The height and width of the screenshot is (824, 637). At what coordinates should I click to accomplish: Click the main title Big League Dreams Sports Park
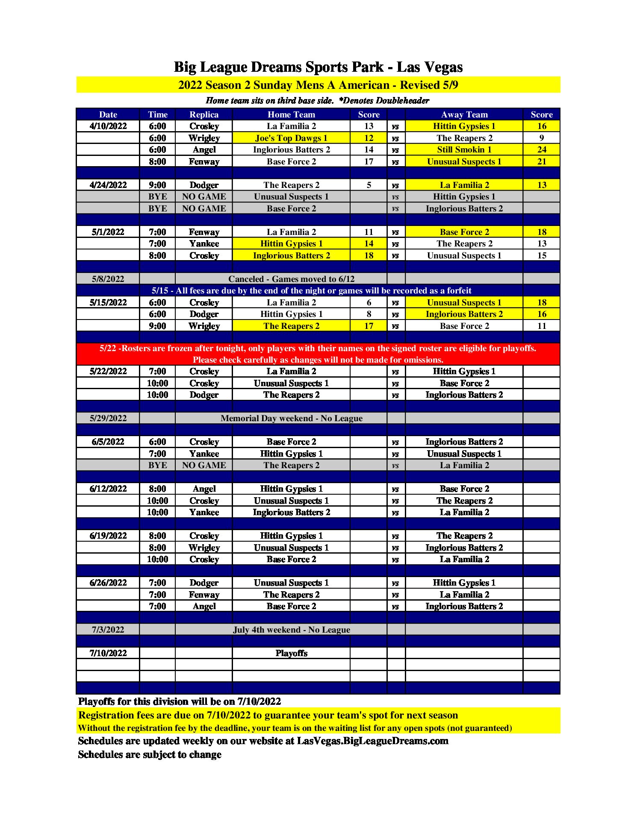point(318,67)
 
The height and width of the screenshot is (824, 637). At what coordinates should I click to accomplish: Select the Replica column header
point(204,114)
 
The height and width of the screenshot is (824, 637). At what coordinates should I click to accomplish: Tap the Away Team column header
point(464,114)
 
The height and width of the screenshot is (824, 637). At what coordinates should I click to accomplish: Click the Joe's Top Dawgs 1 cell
point(291,138)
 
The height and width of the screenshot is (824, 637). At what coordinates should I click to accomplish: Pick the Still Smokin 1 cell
point(464,150)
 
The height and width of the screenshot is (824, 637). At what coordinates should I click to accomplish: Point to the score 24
point(541,150)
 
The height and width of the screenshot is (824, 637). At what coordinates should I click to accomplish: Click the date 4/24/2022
point(108,185)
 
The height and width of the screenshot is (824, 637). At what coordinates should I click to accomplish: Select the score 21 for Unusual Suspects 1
point(541,161)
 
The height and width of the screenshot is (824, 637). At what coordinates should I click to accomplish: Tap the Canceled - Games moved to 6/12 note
point(291,279)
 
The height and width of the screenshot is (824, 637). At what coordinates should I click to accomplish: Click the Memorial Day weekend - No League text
point(291,418)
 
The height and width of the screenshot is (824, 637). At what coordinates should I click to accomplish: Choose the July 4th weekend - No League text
point(291,630)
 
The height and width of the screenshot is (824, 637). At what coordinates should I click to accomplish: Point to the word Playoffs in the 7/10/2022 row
point(291,653)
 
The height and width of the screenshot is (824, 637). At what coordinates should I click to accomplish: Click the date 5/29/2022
point(108,418)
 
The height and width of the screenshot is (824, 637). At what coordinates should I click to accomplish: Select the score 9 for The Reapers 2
point(541,138)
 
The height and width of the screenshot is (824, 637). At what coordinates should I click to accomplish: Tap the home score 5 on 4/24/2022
point(369,185)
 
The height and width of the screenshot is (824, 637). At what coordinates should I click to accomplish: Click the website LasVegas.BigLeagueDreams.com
point(372,741)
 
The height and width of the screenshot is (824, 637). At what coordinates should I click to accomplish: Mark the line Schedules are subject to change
point(150,754)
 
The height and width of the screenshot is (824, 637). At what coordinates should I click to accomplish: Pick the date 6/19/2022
point(108,536)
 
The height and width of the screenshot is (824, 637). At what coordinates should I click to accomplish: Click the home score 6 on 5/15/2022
point(369,302)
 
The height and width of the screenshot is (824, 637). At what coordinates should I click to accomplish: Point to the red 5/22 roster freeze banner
point(318,354)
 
